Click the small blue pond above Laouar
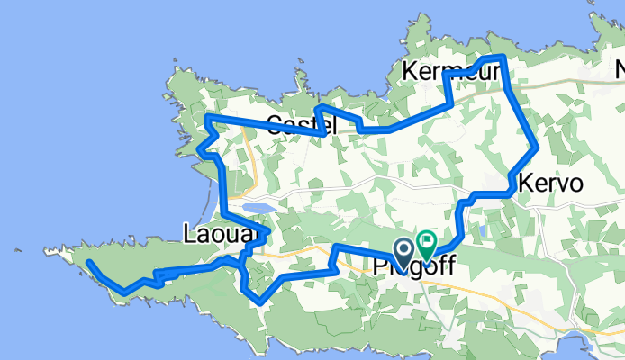click(258, 208)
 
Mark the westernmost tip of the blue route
click(89, 263)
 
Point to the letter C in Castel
click(275, 126)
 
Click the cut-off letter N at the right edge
click(620, 70)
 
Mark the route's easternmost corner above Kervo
click(538, 147)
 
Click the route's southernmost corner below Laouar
click(260, 302)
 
